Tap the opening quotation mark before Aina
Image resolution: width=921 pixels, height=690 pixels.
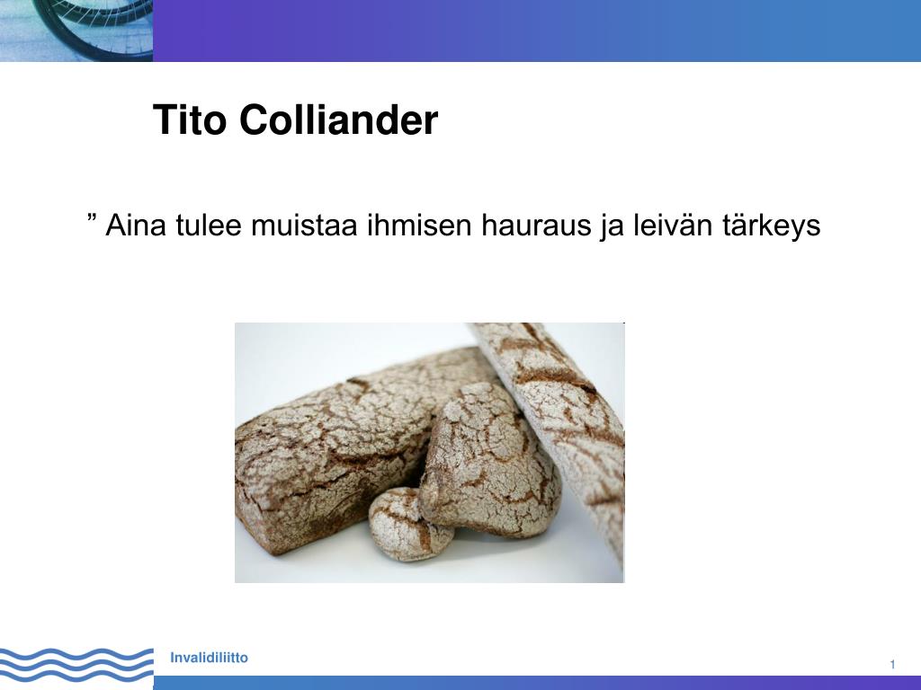click(93, 220)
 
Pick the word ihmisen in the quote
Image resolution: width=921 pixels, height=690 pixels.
click(419, 226)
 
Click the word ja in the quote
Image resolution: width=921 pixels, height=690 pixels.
click(609, 227)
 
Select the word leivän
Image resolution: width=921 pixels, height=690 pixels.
click(669, 226)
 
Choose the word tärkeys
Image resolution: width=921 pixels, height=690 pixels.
click(771, 227)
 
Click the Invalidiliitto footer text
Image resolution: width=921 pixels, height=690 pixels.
click(209, 659)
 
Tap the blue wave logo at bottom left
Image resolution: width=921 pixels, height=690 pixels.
click(76, 665)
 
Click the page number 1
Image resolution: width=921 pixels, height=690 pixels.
click(892, 664)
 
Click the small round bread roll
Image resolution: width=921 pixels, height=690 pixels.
click(408, 526)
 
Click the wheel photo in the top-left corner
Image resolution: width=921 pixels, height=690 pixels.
click(76, 30)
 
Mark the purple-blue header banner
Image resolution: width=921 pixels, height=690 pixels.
click(540, 30)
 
